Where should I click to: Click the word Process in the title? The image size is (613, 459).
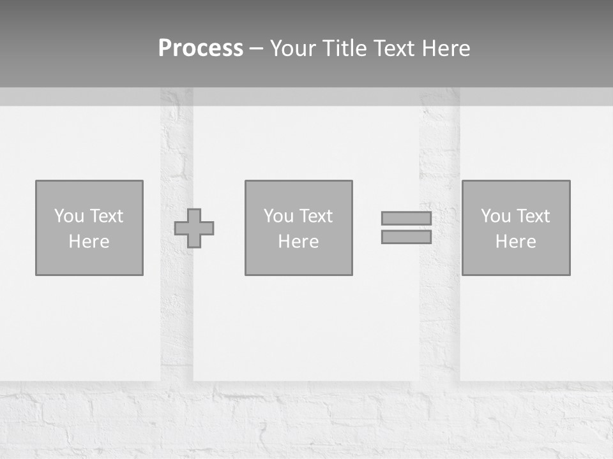tap(201, 48)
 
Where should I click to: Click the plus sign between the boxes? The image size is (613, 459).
tap(194, 228)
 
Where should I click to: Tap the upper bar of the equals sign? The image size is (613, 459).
tap(406, 219)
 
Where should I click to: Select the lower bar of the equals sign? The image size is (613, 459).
tap(406, 237)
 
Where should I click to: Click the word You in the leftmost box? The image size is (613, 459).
tap(69, 216)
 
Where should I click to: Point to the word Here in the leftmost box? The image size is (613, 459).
tap(89, 242)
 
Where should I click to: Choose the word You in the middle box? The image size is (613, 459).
tap(278, 216)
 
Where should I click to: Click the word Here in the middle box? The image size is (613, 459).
tap(298, 242)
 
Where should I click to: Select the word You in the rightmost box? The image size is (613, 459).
tap(496, 216)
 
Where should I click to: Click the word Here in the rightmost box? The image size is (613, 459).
tap(515, 242)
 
